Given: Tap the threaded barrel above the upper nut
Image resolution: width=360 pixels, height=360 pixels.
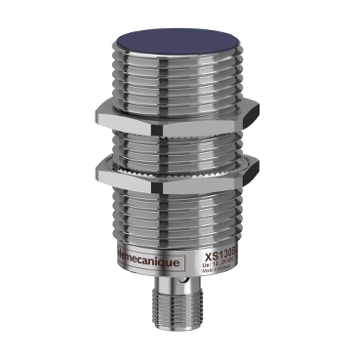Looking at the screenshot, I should pos(180,83).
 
